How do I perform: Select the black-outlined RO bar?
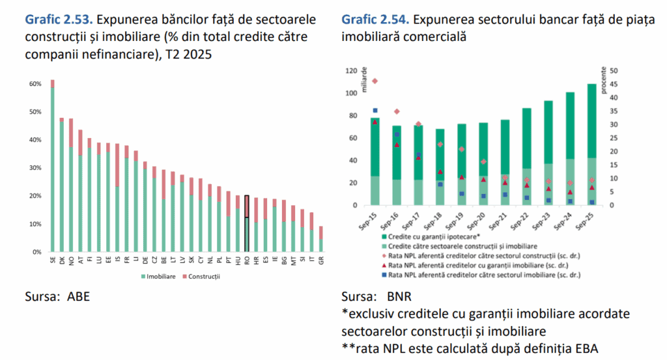(247, 223)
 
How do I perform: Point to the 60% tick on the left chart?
(33, 84)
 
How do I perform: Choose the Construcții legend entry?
(201, 276)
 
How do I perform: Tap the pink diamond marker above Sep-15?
(375, 81)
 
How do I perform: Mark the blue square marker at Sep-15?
(375, 111)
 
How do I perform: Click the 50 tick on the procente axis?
(614, 71)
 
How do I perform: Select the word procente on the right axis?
(604, 82)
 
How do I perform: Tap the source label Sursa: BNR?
(375, 297)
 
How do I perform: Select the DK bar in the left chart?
(62, 185)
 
